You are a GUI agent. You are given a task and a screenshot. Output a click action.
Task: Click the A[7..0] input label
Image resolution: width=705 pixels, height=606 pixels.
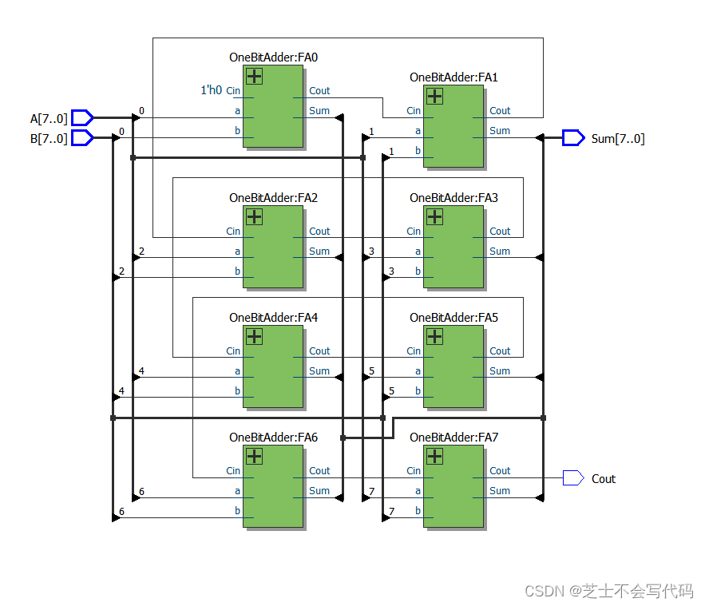[x=49, y=118]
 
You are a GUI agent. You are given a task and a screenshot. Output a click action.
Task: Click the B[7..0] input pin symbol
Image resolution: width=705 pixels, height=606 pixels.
[x=82, y=138]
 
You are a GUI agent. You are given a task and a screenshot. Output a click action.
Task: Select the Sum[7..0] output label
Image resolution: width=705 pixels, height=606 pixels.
[x=617, y=139]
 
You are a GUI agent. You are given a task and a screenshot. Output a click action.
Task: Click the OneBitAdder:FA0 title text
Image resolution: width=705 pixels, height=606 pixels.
[x=273, y=57]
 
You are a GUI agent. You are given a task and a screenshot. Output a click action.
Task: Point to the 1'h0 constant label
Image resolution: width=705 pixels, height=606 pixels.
[x=211, y=91]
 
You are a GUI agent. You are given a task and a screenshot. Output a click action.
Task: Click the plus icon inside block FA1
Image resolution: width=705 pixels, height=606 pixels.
[x=434, y=97]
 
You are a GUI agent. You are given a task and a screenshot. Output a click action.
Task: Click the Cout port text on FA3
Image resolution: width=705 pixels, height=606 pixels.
[x=500, y=232]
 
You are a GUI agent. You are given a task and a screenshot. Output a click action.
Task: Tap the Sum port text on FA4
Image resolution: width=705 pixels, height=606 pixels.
[x=319, y=371]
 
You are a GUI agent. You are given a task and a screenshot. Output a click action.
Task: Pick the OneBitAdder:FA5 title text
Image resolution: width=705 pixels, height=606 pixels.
[x=453, y=318]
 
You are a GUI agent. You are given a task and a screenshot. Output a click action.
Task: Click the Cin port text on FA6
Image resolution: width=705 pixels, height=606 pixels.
[x=233, y=471]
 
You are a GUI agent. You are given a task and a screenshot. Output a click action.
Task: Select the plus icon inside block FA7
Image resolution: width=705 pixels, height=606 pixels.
[x=434, y=456]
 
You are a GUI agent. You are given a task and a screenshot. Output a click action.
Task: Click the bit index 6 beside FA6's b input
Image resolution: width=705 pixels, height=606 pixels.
[x=121, y=511]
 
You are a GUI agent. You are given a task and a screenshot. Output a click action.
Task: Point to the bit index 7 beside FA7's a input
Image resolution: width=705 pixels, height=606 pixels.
[x=371, y=491]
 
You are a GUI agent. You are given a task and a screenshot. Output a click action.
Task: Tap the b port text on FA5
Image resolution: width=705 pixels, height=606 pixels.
[x=418, y=391]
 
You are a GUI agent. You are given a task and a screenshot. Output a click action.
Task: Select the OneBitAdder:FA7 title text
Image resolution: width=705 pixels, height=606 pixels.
[x=453, y=438]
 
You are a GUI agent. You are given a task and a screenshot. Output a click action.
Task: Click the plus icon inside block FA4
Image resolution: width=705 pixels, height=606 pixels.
[x=254, y=336]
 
